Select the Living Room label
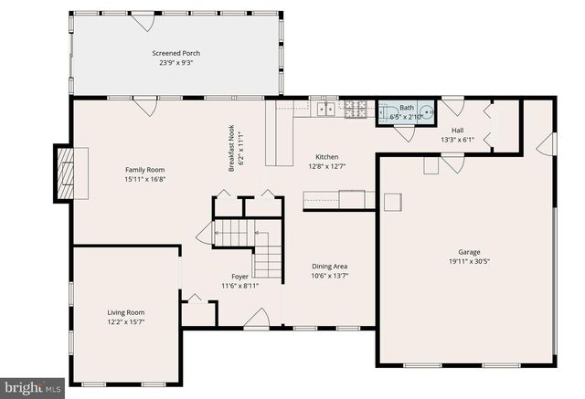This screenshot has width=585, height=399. point(126,312)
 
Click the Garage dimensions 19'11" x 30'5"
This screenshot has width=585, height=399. point(469,262)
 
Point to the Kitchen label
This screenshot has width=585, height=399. point(326,156)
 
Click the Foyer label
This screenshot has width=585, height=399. point(239,276)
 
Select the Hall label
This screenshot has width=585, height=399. point(457,131)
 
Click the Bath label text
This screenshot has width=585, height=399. point(407,108)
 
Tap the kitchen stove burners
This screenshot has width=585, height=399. point(356,109)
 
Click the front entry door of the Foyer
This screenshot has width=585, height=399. point(257,320)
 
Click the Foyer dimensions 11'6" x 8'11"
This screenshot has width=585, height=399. point(239,286)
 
